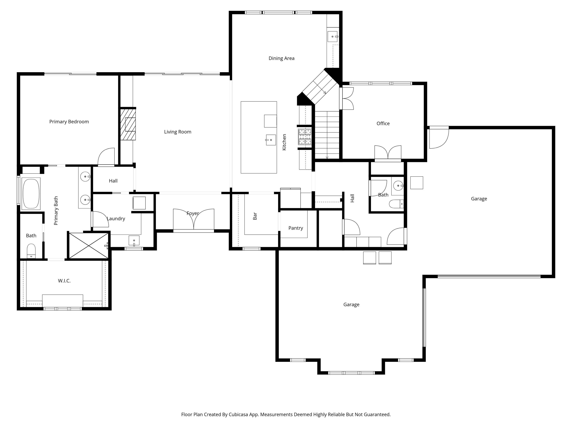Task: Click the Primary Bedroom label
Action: (x=69, y=122)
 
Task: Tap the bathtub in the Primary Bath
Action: (x=31, y=193)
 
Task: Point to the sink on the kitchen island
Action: (x=271, y=140)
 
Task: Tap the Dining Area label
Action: (x=281, y=58)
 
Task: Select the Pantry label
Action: (x=295, y=228)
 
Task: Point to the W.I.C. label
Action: (x=64, y=281)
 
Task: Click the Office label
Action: (x=383, y=123)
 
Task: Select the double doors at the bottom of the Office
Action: (x=388, y=152)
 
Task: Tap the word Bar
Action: (x=255, y=216)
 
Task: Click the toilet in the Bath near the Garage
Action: (x=396, y=204)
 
